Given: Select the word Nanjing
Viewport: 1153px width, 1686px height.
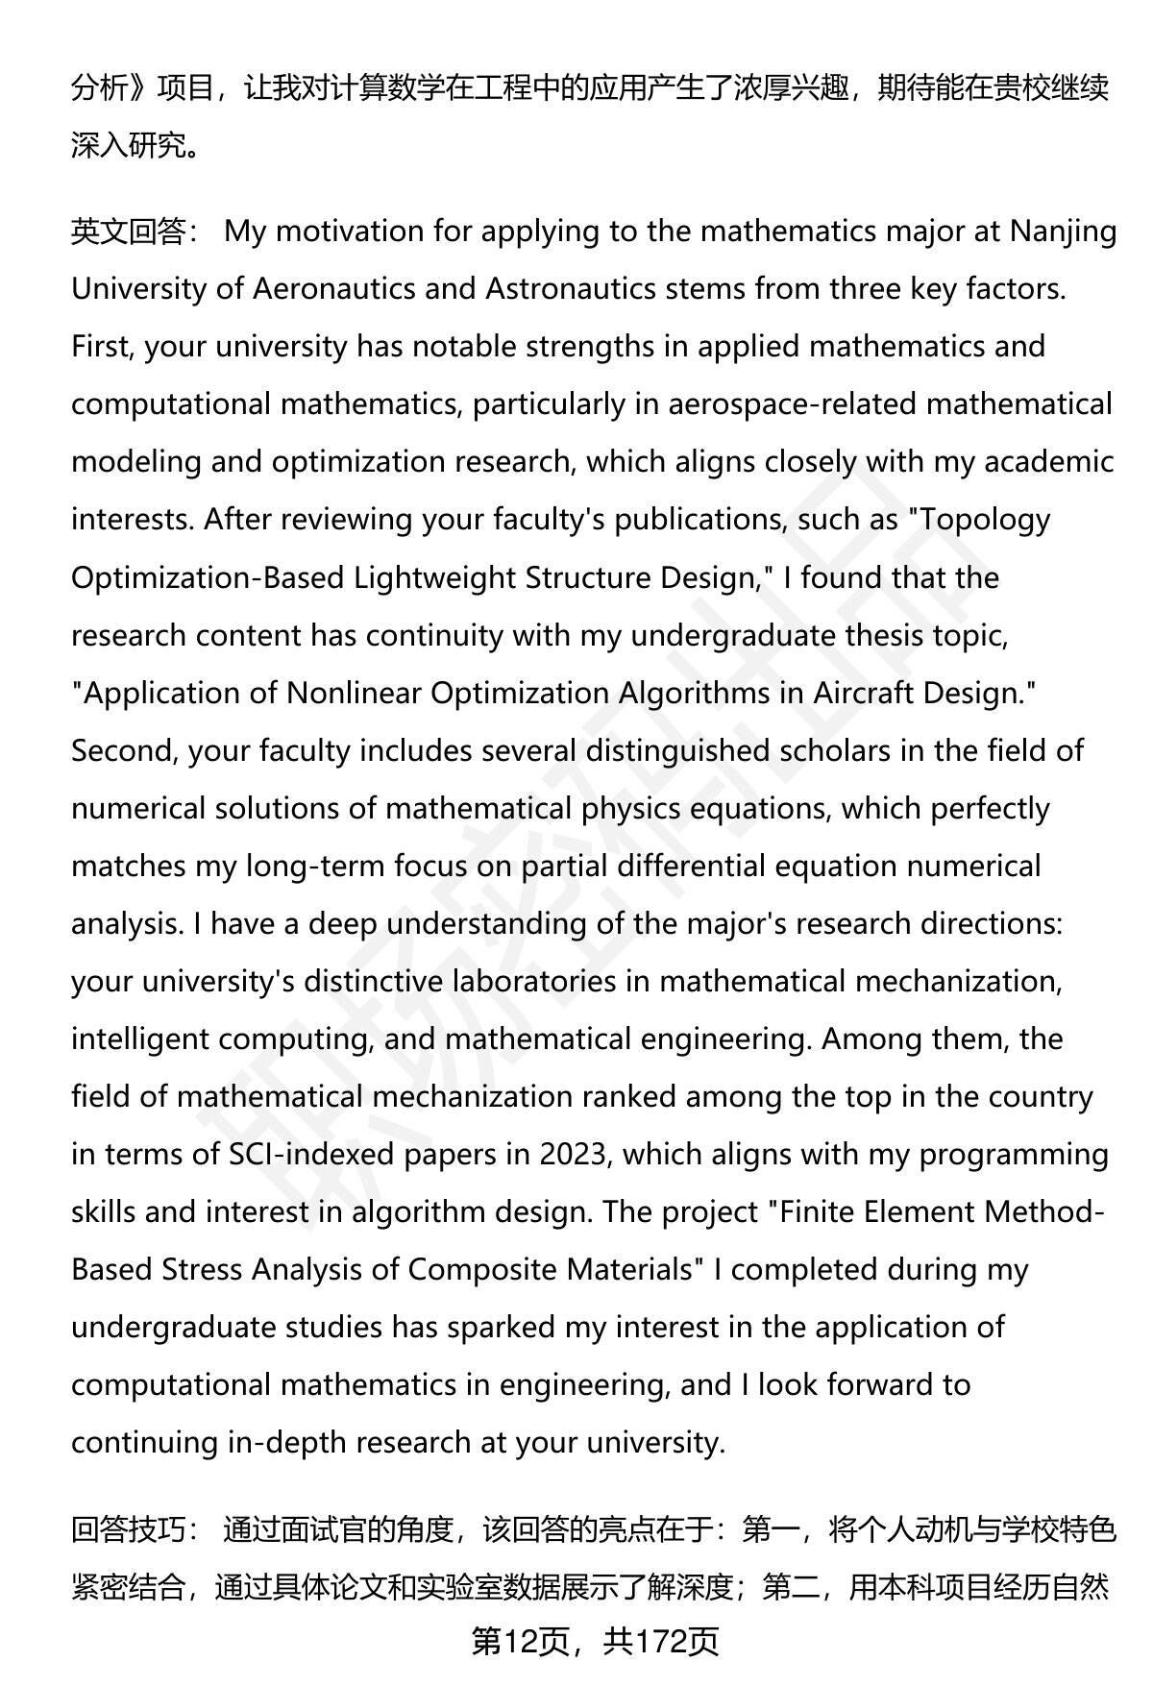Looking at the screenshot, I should [x=1063, y=232].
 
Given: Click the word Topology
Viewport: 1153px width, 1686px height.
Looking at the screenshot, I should [x=986, y=520].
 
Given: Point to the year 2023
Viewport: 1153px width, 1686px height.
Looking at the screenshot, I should [x=575, y=1154].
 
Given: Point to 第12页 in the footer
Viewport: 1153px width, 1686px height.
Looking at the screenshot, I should [x=520, y=1644].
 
